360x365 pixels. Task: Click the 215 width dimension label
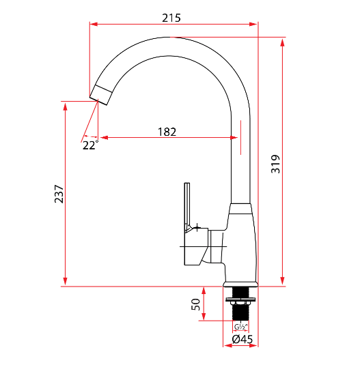[x=171, y=18]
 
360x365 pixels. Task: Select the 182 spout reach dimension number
[x=167, y=132]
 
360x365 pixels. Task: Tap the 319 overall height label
[x=275, y=164]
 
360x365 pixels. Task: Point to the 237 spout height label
[x=59, y=194]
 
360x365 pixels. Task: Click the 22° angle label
[x=91, y=145]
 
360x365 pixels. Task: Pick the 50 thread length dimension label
[x=195, y=304]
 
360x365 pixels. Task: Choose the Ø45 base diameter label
[x=243, y=339]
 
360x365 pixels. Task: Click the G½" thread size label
[x=240, y=327]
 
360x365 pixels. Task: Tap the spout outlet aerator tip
[x=101, y=95]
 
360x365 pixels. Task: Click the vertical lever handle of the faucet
[x=187, y=205]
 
